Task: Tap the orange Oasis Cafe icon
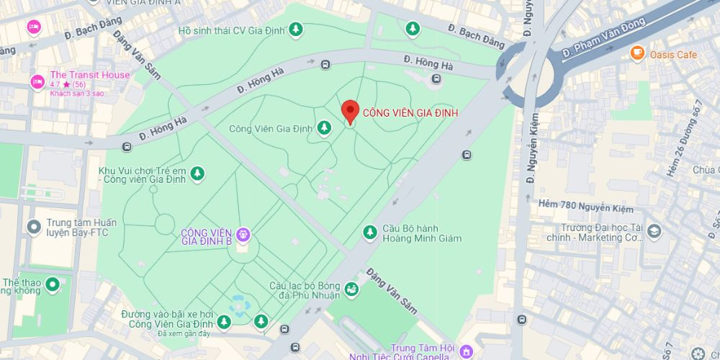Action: point(636,53)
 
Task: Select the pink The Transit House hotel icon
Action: point(37,81)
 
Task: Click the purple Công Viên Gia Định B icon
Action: point(243,234)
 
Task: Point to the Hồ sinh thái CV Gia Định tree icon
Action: point(295,30)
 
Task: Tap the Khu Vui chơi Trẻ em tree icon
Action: point(197,173)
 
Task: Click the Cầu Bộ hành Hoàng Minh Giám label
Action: point(421,233)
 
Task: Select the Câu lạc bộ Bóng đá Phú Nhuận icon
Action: point(351,289)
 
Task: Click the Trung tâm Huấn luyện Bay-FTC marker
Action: point(32,228)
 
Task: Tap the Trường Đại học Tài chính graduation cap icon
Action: point(654,232)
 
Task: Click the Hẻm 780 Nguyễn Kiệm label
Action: point(585,209)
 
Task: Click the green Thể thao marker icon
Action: point(52,285)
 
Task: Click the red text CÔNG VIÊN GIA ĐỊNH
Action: point(410,113)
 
